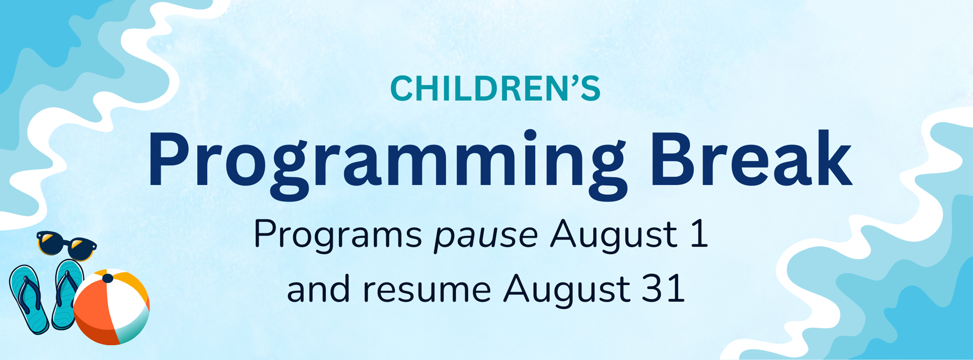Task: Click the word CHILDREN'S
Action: click(x=495, y=89)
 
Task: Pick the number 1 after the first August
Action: click(x=699, y=234)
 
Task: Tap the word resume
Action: click(x=427, y=290)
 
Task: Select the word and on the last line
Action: click(x=318, y=288)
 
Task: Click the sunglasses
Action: click(x=67, y=245)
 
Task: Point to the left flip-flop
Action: click(x=29, y=299)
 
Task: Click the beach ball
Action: click(x=111, y=307)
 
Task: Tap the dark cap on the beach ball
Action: click(x=108, y=278)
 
